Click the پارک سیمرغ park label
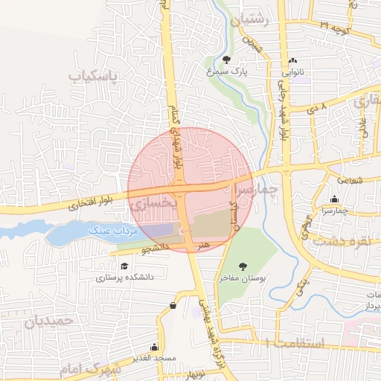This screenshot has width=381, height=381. coord(226,72)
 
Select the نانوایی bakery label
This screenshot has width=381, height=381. coord(292,73)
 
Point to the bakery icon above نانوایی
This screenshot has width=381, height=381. coord(292,62)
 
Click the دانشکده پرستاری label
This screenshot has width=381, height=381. coord(124,278)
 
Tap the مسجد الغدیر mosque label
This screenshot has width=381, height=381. coord(154,358)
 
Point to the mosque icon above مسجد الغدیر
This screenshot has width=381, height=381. coord(154,346)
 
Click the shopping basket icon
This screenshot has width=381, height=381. coord(173,304)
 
